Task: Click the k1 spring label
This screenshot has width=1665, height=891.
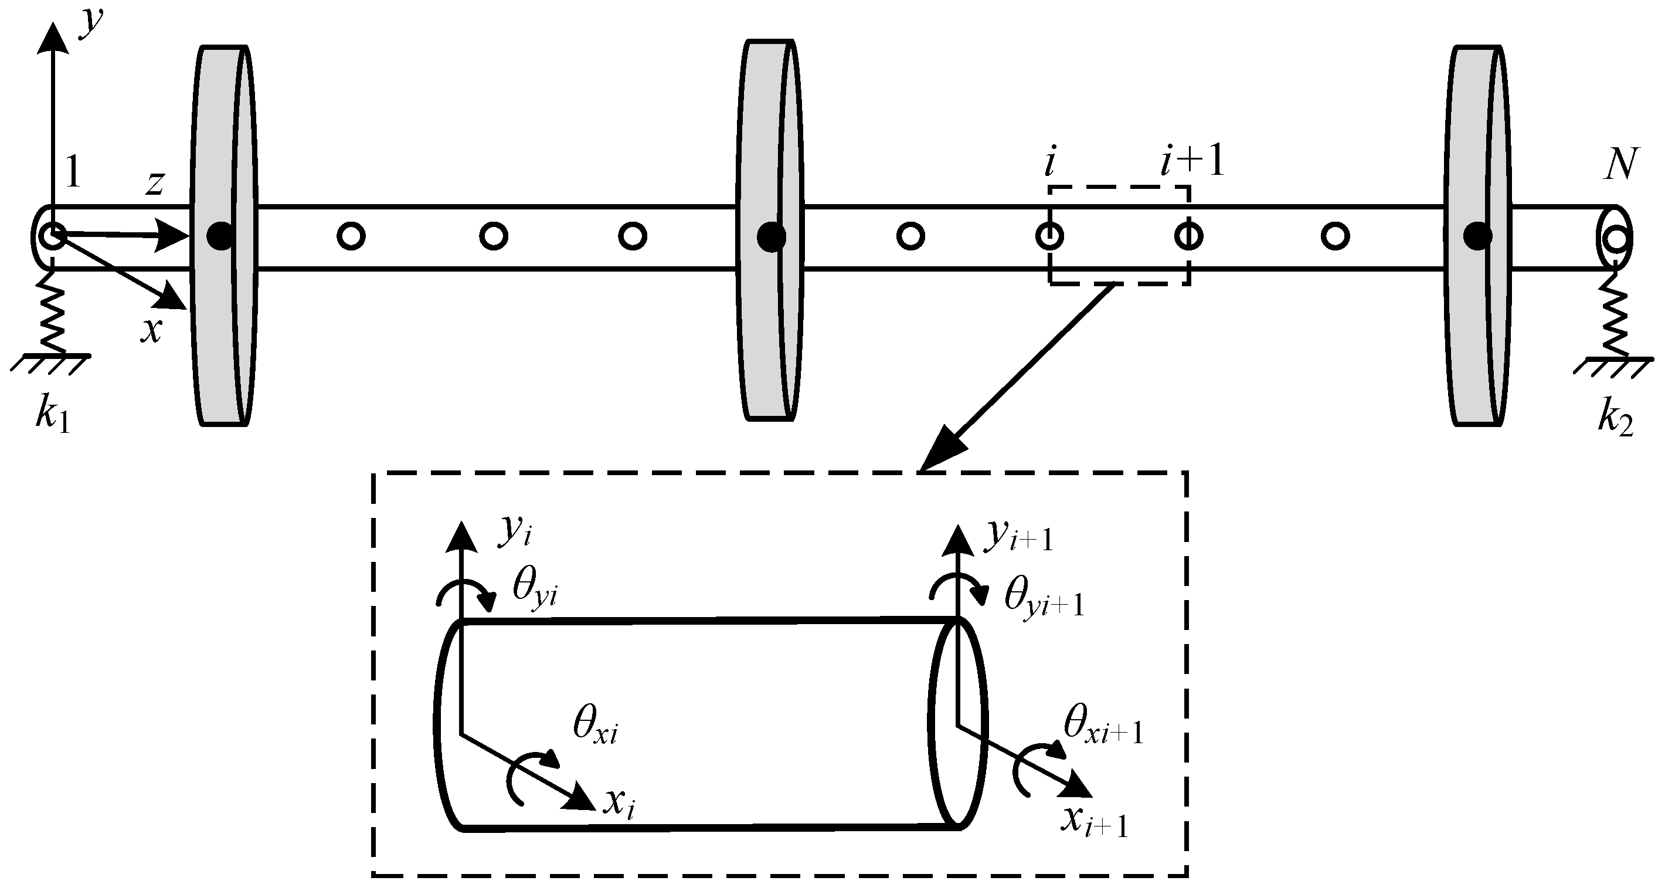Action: point(52,416)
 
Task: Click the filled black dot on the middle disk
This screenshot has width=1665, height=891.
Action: point(772,236)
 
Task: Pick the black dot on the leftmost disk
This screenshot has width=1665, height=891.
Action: point(220,236)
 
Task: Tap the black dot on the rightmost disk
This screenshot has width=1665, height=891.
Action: point(1477,236)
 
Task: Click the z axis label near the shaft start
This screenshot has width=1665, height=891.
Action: point(154,184)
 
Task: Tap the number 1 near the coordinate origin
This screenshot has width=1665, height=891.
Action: point(73,172)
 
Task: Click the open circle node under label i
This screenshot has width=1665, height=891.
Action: point(1049,236)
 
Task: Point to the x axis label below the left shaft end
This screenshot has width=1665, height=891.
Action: point(151,330)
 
